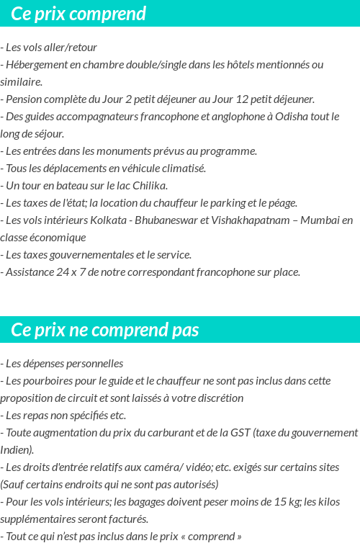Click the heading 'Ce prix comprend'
point(78,14)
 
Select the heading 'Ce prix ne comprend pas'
point(105,330)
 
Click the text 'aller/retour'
point(68,48)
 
